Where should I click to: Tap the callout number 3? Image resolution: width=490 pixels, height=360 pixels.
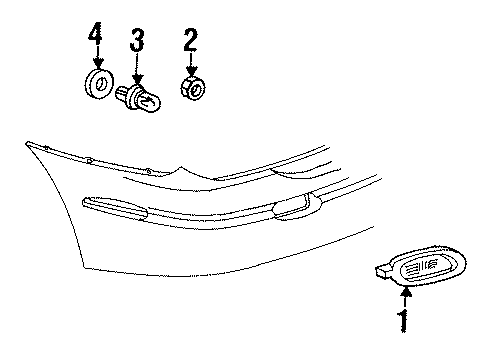pos(137,43)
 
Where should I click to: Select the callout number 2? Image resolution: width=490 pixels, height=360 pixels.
pos(189,41)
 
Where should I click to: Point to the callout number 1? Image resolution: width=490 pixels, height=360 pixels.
pos(405,323)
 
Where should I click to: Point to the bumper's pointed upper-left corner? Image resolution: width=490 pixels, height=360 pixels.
pos(27,143)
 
